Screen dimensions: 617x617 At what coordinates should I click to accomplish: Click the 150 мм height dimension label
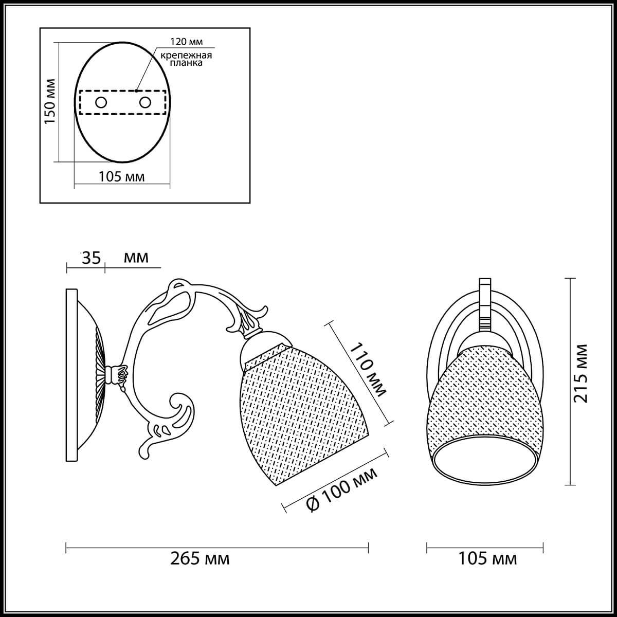tap(50, 101)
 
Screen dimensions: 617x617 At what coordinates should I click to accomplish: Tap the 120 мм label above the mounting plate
tap(186, 42)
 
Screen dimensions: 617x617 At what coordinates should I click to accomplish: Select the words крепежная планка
tap(186, 59)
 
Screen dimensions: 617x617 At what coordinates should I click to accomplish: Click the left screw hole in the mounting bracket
tap(101, 103)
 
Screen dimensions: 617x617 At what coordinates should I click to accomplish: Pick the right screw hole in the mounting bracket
tap(145, 103)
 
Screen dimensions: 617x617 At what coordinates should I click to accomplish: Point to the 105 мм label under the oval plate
tap(121, 176)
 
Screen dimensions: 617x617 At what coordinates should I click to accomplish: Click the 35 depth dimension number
tap(91, 258)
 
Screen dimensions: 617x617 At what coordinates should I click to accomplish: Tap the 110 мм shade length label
tap(368, 370)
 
